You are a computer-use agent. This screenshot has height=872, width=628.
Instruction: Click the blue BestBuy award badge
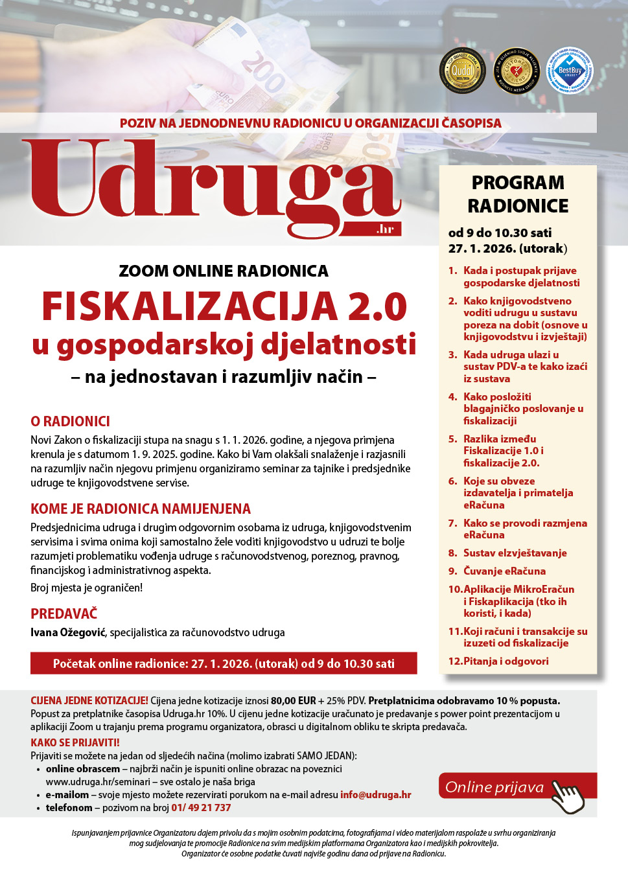(570, 71)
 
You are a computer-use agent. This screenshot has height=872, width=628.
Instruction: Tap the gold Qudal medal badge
(462, 71)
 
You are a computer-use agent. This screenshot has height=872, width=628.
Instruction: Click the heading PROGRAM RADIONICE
(518, 194)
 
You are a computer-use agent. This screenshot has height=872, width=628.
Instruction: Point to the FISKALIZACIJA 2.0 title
(224, 306)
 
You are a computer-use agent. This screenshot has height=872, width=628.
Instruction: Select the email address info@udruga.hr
(376, 795)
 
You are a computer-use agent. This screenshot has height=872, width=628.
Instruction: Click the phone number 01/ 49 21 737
(201, 808)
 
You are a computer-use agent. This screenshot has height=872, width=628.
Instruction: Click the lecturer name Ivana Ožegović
(68, 632)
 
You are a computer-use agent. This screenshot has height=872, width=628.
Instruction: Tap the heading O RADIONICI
(70, 422)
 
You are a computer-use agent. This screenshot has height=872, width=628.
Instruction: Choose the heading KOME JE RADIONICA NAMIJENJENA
(141, 509)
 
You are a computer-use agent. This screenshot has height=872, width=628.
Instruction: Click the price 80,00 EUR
(293, 701)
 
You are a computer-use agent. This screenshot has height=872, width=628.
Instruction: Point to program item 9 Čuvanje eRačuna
(504, 571)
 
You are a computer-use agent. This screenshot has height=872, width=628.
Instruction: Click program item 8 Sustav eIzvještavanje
(515, 553)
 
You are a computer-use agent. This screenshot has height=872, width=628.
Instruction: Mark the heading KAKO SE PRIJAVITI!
(75, 743)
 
